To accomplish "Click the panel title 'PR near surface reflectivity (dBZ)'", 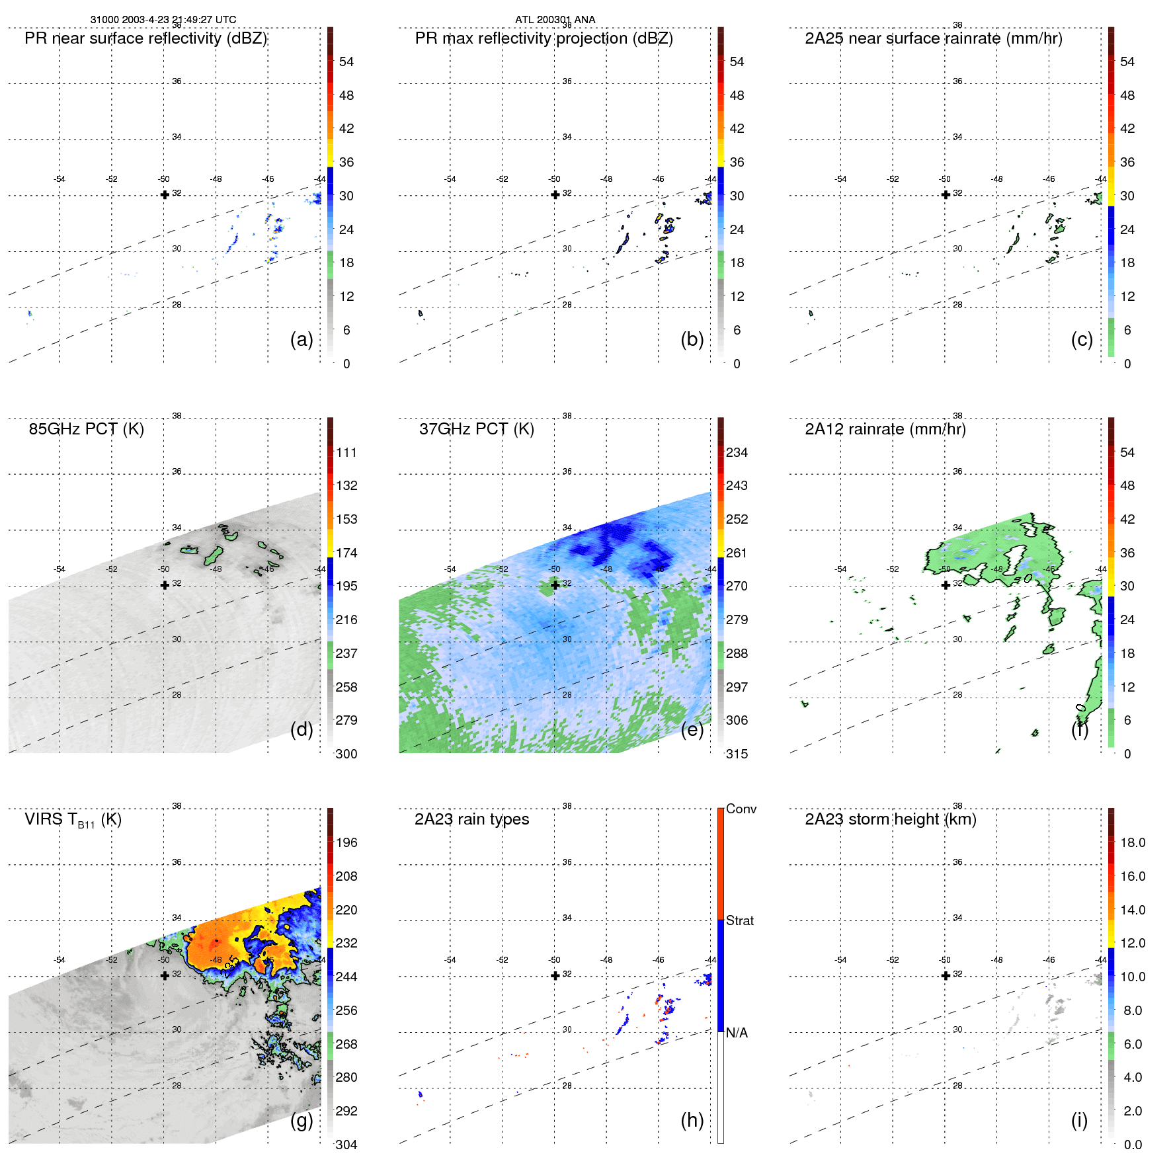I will click(x=146, y=38).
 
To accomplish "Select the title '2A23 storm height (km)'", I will click(x=890, y=819).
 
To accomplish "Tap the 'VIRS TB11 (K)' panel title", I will click(x=73, y=820).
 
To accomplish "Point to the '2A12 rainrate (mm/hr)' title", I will click(x=885, y=429).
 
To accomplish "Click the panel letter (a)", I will click(x=302, y=339).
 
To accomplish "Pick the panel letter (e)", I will click(x=692, y=729).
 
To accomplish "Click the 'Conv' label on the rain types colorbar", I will click(x=741, y=809).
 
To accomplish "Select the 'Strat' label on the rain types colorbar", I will click(x=739, y=920).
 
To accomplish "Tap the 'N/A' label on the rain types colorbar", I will click(x=737, y=1033).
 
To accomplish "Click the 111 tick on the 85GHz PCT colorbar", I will click(x=346, y=452).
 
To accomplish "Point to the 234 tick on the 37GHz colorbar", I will click(x=737, y=452).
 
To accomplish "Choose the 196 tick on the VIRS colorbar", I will click(x=346, y=842).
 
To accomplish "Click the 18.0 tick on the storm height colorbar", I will click(x=1132, y=842).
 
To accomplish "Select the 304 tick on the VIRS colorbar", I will click(x=346, y=1145).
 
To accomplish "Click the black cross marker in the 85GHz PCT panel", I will click(x=165, y=585).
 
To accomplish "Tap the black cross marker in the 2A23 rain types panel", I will click(x=555, y=975).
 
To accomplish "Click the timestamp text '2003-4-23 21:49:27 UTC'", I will click(x=179, y=20).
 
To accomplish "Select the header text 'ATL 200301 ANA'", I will click(x=555, y=20).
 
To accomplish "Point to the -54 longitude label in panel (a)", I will click(x=60, y=179).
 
